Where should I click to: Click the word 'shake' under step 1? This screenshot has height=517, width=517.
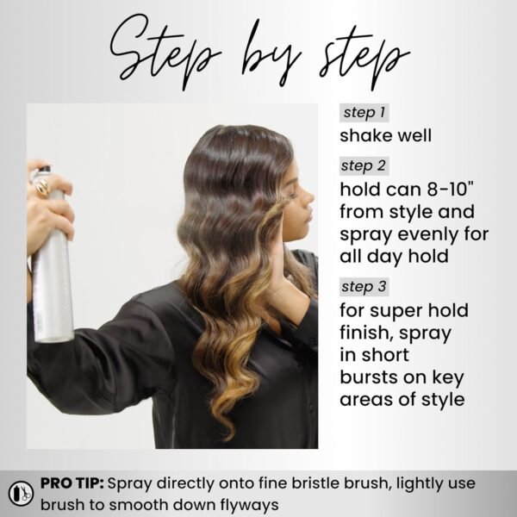[363, 136]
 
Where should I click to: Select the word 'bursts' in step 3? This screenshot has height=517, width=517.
[367, 376]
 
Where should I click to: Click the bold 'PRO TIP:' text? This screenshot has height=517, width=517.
[74, 484]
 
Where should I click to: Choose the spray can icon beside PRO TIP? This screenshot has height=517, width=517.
[19, 494]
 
